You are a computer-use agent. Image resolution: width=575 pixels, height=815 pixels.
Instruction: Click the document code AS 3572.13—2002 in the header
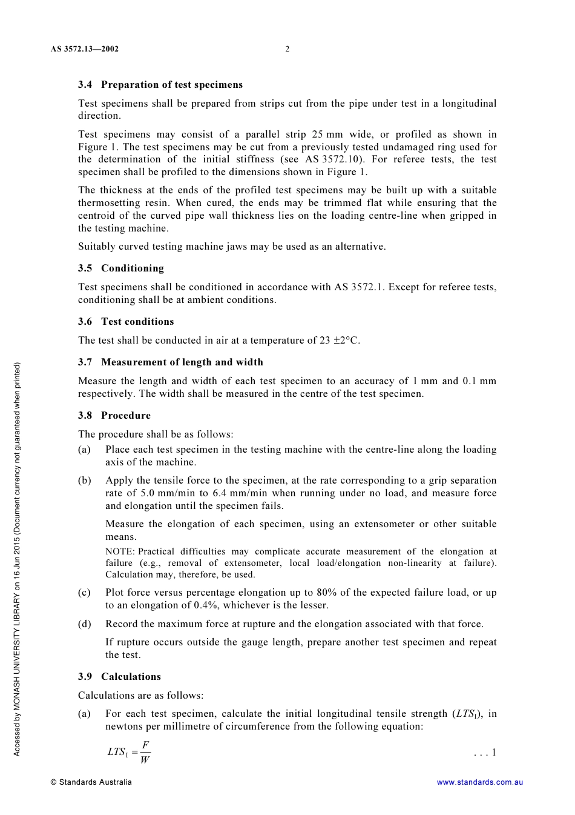[85, 49]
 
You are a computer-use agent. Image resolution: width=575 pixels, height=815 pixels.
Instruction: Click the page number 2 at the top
[287, 49]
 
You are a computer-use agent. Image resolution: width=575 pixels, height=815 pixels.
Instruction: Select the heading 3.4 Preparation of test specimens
[160, 85]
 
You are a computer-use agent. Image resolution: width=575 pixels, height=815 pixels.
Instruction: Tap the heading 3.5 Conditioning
[121, 268]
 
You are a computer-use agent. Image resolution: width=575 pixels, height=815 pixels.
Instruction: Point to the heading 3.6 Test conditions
[126, 322]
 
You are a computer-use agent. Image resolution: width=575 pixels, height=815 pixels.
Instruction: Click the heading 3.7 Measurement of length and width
[171, 362]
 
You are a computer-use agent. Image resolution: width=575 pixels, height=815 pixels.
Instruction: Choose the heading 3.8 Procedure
[114, 416]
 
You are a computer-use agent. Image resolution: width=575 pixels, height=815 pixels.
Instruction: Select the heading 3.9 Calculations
[119, 677]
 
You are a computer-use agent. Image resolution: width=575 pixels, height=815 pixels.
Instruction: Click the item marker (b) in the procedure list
[85, 481]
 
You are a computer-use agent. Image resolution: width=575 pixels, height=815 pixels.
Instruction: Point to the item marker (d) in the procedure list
[85, 624]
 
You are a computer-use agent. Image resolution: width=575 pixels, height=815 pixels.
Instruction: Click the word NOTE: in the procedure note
[120, 552]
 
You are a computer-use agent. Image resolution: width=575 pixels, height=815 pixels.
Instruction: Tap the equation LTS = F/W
[129, 752]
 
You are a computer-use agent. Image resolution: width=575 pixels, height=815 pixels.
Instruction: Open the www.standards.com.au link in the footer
[479, 782]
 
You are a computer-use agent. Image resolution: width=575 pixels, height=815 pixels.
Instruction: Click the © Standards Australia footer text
[91, 782]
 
